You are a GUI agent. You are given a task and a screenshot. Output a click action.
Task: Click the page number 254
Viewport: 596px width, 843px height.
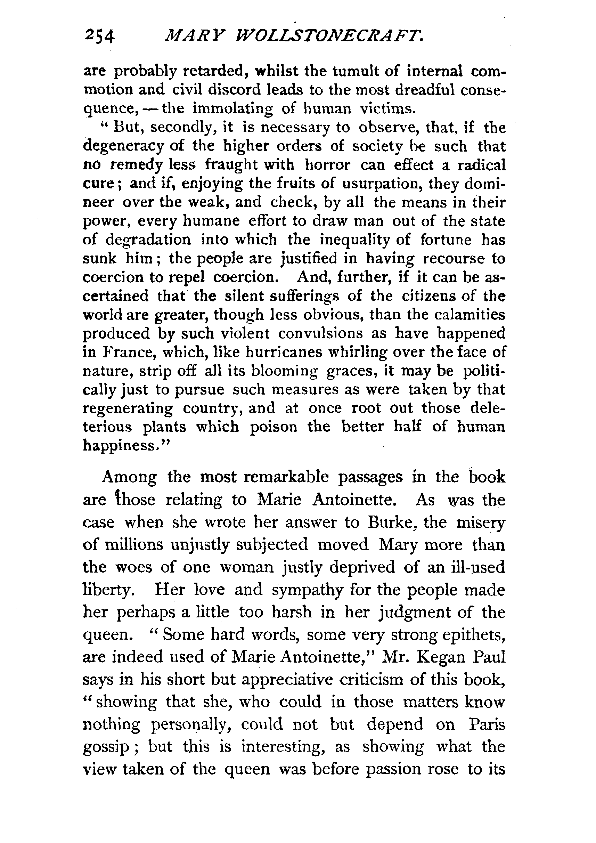(x=99, y=37)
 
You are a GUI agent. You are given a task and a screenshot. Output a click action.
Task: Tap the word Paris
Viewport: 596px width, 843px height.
(x=487, y=724)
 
